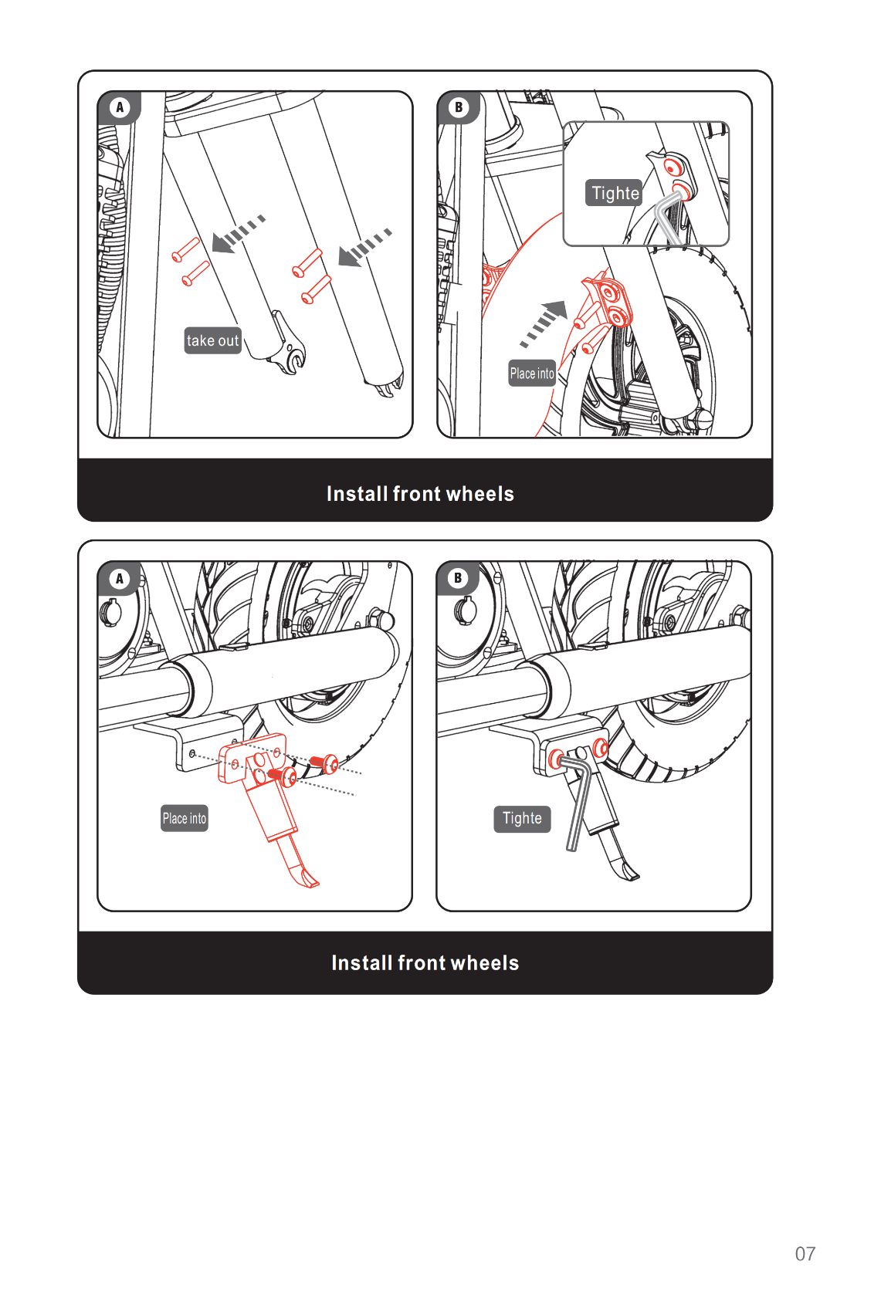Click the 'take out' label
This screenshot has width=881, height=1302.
[212, 340]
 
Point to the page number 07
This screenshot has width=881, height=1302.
[805, 1253]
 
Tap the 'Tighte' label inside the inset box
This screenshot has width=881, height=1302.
[614, 192]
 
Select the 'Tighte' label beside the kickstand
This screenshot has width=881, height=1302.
[522, 818]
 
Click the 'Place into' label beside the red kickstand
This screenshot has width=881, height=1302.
[184, 818]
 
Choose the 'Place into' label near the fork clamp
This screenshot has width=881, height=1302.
[531, 374]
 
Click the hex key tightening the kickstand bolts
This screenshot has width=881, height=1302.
[578, 800]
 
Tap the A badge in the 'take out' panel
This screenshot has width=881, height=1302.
[120, 107]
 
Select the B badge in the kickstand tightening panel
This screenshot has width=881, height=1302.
[458, 578]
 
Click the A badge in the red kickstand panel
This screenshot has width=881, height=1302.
[120, 578]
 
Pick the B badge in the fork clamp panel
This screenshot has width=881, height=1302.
[459, 107]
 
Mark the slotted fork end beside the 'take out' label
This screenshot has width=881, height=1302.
[286, 346]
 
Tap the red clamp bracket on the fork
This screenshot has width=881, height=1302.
[608, 300]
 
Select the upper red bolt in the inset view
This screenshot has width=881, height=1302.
[672, 167]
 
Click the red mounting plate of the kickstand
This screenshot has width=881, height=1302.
[252, 757]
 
